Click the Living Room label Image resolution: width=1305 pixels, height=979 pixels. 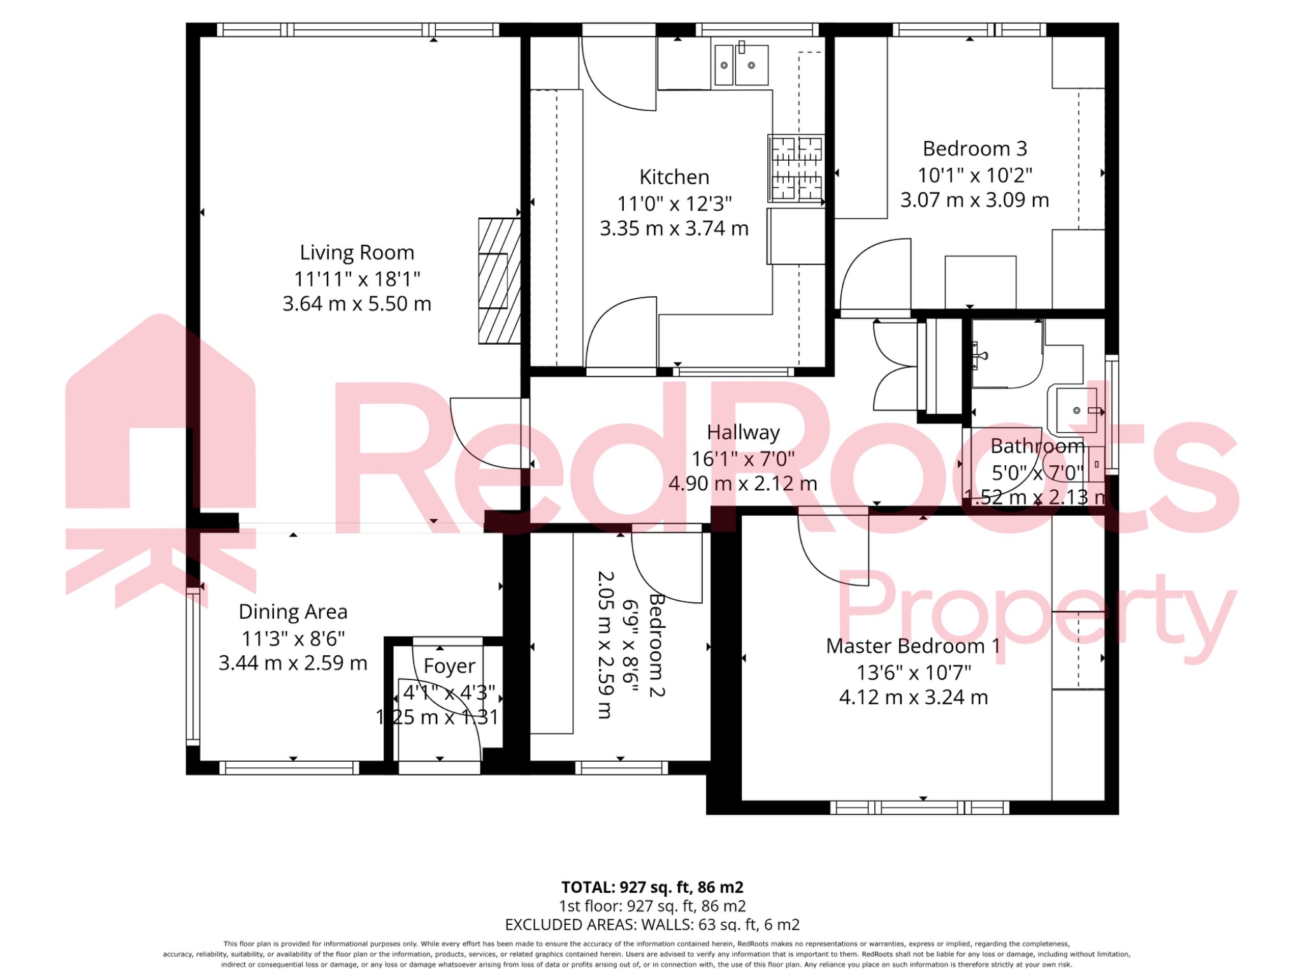(x=357, y=252)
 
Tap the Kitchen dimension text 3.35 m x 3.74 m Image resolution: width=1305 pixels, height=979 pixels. (x=674, y=228)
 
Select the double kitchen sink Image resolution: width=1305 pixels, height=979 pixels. (x=740, y=64)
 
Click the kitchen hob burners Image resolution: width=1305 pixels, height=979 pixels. (x=796, y=168)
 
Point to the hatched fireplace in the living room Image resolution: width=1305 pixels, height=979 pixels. (x=499, y=281)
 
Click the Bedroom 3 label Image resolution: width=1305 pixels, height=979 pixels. (x=974, y=149)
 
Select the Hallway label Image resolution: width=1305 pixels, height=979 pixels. (x=742, y=432)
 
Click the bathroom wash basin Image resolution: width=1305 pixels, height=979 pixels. (x=1076, y=410)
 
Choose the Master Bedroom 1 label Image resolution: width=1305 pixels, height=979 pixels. (x=912, y=646)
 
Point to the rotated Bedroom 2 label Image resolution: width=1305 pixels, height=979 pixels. (x=656, y=645)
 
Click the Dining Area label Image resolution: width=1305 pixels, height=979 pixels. (x=293, y=612)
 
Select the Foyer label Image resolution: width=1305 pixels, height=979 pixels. (x=449, y=666)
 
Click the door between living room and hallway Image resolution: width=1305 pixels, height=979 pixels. (x=486, y=433)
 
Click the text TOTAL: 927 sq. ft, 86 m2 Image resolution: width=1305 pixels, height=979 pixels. (x=652, y=887)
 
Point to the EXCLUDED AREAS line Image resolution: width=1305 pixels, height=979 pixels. (x=652, y=924)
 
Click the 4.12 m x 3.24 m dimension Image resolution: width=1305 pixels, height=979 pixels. (x=912, y=697)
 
